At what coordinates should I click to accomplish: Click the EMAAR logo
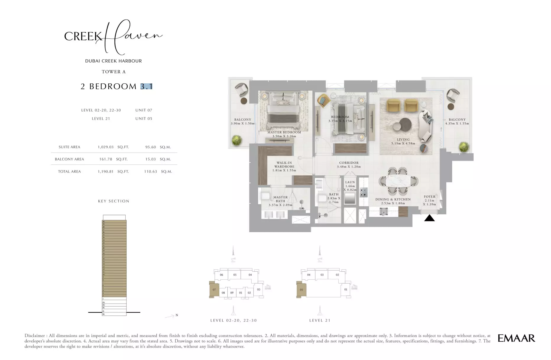pos(516,338)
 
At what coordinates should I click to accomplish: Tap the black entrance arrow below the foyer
pos(429,218)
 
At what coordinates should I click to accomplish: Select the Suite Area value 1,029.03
pos(106,147)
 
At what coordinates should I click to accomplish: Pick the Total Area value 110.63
pos(150,171)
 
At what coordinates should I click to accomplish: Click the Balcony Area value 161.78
pos(106,159)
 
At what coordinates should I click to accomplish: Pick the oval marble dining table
pos(398,181)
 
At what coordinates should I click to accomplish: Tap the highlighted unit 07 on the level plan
pos(214,290)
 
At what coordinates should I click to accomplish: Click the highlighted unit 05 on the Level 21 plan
pos(301,290)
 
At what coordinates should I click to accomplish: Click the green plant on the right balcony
pos(464,147)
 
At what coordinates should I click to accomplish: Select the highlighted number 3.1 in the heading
pos(146,86)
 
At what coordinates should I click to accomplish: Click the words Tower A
pos(114,72)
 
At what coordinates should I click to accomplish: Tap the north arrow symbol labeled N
pos(171,316)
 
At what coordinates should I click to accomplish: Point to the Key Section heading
pos(114,201)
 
